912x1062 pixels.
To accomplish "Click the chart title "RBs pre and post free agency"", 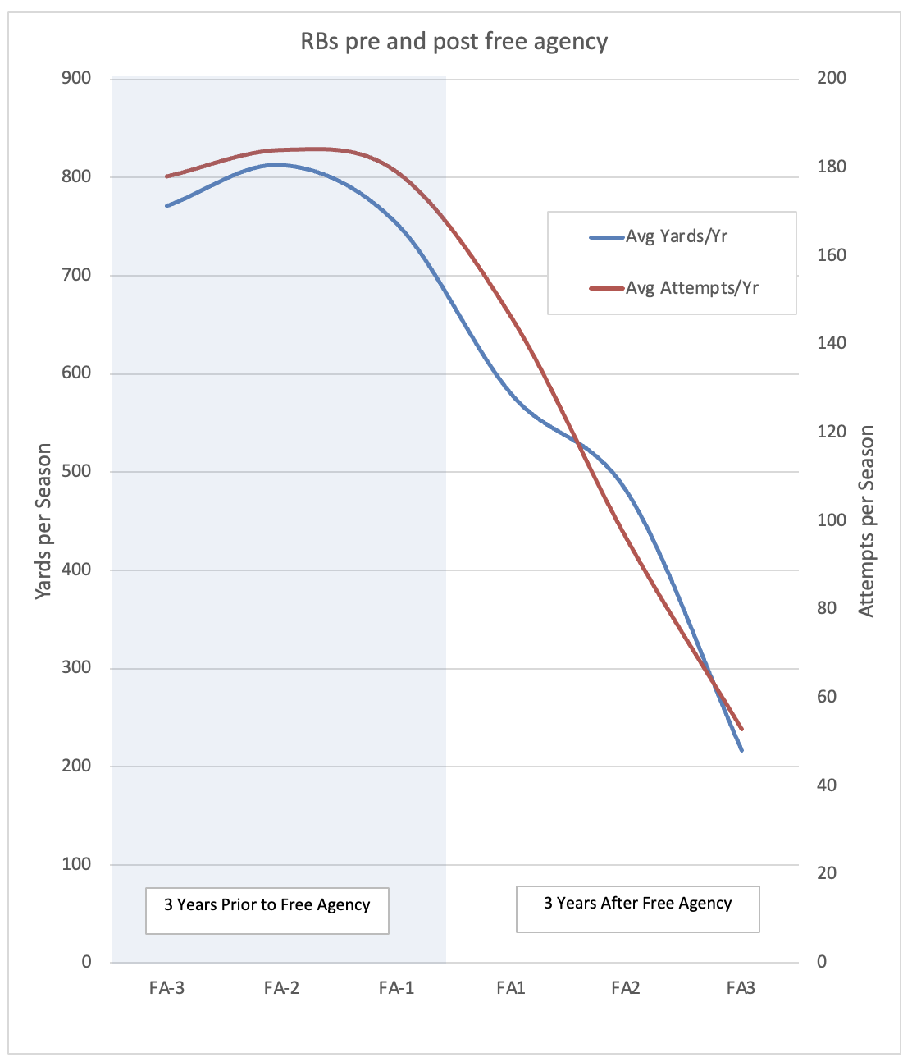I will click(454, 42).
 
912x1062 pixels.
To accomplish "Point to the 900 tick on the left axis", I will click(75, 79).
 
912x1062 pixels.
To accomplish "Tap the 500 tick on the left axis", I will click(75, 471).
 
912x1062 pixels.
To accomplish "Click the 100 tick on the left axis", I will click(75, 864).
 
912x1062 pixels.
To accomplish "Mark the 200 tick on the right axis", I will click(832, 79).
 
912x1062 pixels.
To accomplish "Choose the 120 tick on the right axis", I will click(832, 432).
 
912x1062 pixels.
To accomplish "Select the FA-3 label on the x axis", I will click(166, 988).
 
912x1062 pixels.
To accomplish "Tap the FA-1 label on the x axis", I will click(396, 988).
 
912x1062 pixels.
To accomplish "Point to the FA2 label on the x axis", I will click(626, 988).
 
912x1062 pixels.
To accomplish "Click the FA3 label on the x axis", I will click(741, 988).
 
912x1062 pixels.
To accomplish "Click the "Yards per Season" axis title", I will click(43, 521).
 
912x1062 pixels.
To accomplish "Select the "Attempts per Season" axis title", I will click(867, 521).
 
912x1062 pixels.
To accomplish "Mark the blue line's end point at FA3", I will click(741, 750).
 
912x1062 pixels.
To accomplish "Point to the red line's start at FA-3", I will click(166, 176).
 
